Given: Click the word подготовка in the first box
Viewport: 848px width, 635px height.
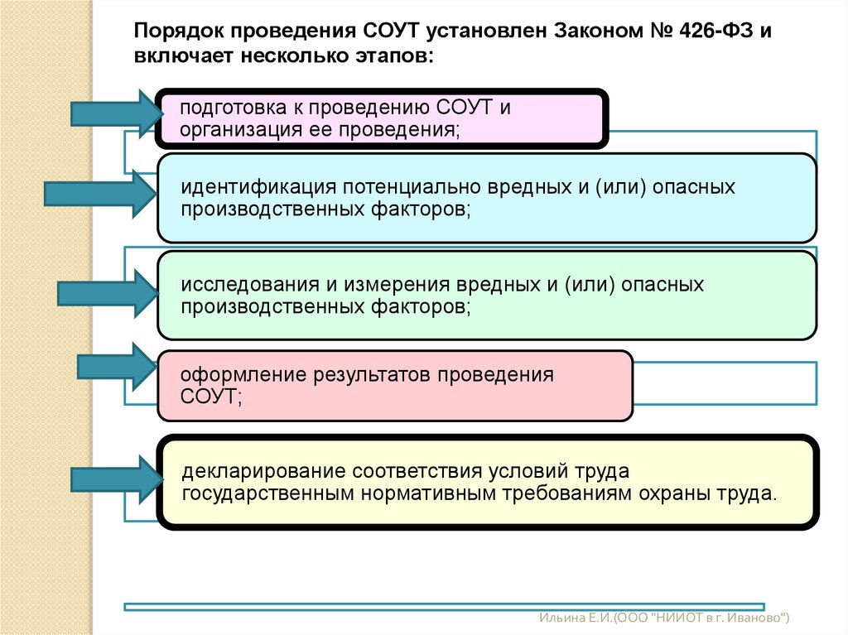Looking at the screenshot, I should [x=229, y=108].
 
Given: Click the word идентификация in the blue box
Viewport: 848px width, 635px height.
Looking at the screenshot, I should [x=248, y=187].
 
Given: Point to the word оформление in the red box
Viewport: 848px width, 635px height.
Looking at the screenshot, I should [x=241, y=374].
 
